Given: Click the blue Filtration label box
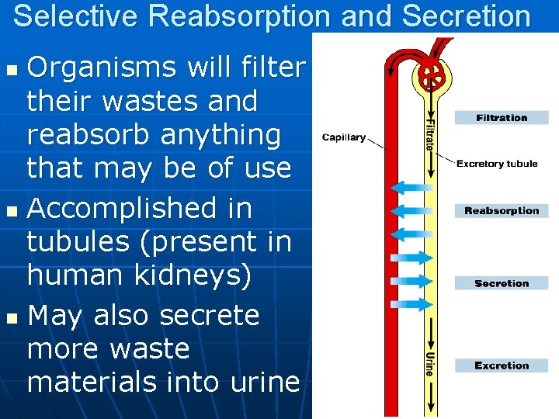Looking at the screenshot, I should (x=502, y=118).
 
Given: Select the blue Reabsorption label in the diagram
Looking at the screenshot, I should (x=502, y=211).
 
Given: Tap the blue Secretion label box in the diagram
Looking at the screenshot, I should (x=502, y=284).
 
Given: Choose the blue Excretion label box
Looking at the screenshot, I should (x=502, y=365).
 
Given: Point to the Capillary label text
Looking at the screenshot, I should (x=344, y=137).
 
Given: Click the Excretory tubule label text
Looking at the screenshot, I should (x=497, y=164).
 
